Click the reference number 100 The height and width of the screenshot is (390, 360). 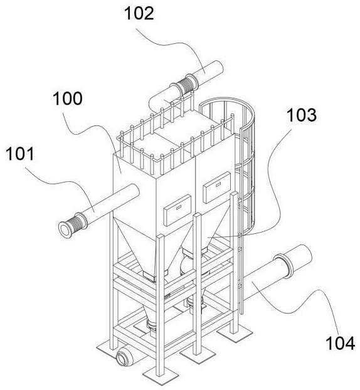(x=68, y=98)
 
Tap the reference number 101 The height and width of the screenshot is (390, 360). (x=20, y=154)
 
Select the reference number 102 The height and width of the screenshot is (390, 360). (x=139, y=13)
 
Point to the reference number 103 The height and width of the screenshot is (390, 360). (x=302, y=115)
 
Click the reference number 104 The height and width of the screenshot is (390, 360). (x=341, y=343)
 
